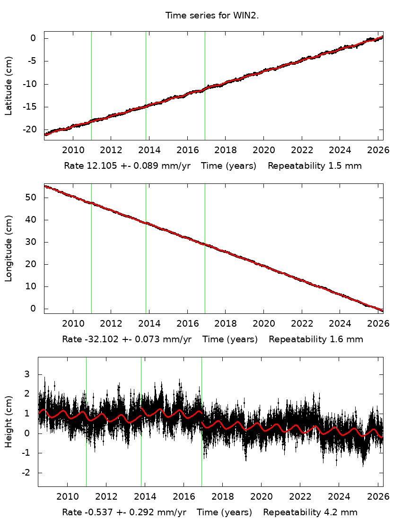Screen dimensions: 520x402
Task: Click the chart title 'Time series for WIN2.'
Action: click(x=212, y=16)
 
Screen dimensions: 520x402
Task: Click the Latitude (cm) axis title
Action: click(x=9, y=86)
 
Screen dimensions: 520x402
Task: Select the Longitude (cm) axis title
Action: click(x=9, y=249)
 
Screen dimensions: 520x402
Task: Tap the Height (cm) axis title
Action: click(x=9, y=422)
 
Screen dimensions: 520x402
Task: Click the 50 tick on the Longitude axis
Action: click(x=32, y=197)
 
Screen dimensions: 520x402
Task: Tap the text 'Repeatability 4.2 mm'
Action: click(x=310, y=512)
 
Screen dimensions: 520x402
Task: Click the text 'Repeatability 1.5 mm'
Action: click(x=315, y=166)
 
